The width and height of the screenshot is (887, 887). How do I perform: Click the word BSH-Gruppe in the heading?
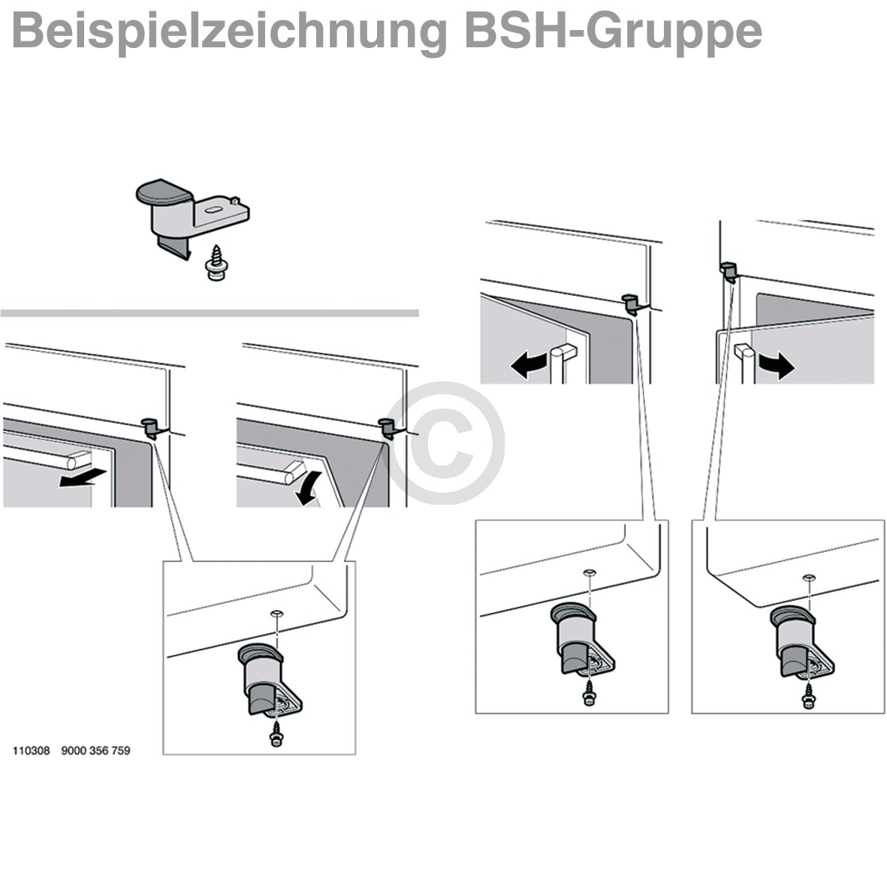[613, 32]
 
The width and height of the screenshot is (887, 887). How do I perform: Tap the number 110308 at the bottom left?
[31, 750]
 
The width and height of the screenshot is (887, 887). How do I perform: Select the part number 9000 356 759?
[95, 750]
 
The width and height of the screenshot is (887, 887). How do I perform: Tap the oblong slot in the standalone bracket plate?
[212, 211]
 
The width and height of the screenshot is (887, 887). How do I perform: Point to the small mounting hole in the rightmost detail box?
[808, 576]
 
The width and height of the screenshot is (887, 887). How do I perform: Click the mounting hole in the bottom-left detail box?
[277, 614]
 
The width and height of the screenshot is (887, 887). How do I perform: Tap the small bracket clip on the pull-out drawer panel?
[152, 427]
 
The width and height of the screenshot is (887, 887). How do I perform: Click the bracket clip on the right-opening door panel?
[726, 270]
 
